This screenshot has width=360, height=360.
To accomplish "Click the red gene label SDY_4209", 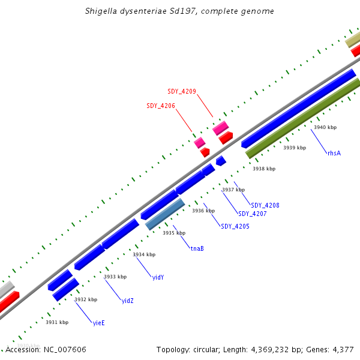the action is tap(181, 91).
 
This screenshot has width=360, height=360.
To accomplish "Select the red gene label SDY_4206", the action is tap(161, 106).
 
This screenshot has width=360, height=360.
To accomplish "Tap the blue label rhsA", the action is tap(334, 154).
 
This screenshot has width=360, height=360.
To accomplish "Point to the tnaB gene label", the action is tap(197, 248).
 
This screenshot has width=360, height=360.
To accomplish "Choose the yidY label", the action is tap(158, 277).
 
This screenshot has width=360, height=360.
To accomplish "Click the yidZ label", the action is tap(127, 301).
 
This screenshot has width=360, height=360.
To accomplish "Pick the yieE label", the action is tap(98, 323).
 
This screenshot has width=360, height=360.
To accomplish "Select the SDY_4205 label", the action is tap(235, 227).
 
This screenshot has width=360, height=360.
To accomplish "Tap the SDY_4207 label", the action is tap(252, 214).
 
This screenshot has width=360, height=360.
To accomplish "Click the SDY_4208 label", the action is tap(265, 206).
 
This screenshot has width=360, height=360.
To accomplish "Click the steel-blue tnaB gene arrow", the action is tap(165, 214).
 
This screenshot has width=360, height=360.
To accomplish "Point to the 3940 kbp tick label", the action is tap(325, 127).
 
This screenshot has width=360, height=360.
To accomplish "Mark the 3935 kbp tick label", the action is tap(174, 233).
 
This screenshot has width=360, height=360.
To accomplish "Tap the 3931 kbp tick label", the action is tap(57, 322).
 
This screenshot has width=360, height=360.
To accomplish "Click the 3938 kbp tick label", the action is tap(264, 169).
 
